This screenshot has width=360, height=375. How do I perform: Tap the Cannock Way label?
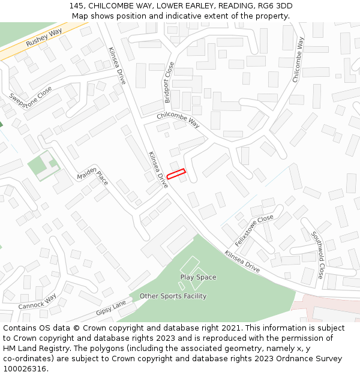37,302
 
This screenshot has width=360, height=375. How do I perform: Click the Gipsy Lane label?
112,308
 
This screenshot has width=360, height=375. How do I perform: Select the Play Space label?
198,277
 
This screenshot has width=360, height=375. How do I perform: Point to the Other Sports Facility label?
173,296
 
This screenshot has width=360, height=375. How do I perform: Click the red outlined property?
176,174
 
